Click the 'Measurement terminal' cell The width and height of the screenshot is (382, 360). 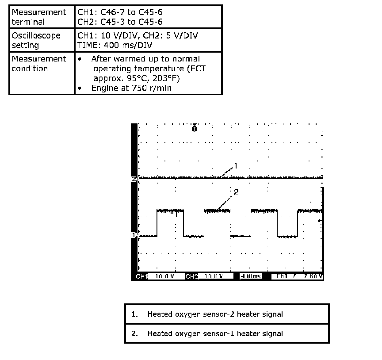(x=39, y=17)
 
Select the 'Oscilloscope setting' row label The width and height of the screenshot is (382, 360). (x=36, y=40)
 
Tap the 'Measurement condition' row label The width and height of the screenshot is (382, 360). (x=39, y=64)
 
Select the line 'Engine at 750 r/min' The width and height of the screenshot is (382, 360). (x=131, y=88)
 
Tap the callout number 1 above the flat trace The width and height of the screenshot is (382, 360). (x=236, y=166)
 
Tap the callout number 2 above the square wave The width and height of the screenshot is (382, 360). (x=236, y=192)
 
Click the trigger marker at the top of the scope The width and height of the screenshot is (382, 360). (x=194, y=128)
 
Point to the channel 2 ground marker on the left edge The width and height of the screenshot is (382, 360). (x=134, y=178)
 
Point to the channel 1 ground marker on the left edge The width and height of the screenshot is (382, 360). (x=134, y=234)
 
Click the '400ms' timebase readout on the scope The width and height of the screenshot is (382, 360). (x=250, y=276)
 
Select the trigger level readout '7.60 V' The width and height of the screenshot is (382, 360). (x=314, y=276)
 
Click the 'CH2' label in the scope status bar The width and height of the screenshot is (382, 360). (x=191, y=276)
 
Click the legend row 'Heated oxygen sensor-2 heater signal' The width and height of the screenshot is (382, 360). (x=227, y=314)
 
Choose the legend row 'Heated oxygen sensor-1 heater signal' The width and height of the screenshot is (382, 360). (x=227, y=333)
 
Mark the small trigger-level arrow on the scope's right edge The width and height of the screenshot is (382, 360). (x=321, y=220)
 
